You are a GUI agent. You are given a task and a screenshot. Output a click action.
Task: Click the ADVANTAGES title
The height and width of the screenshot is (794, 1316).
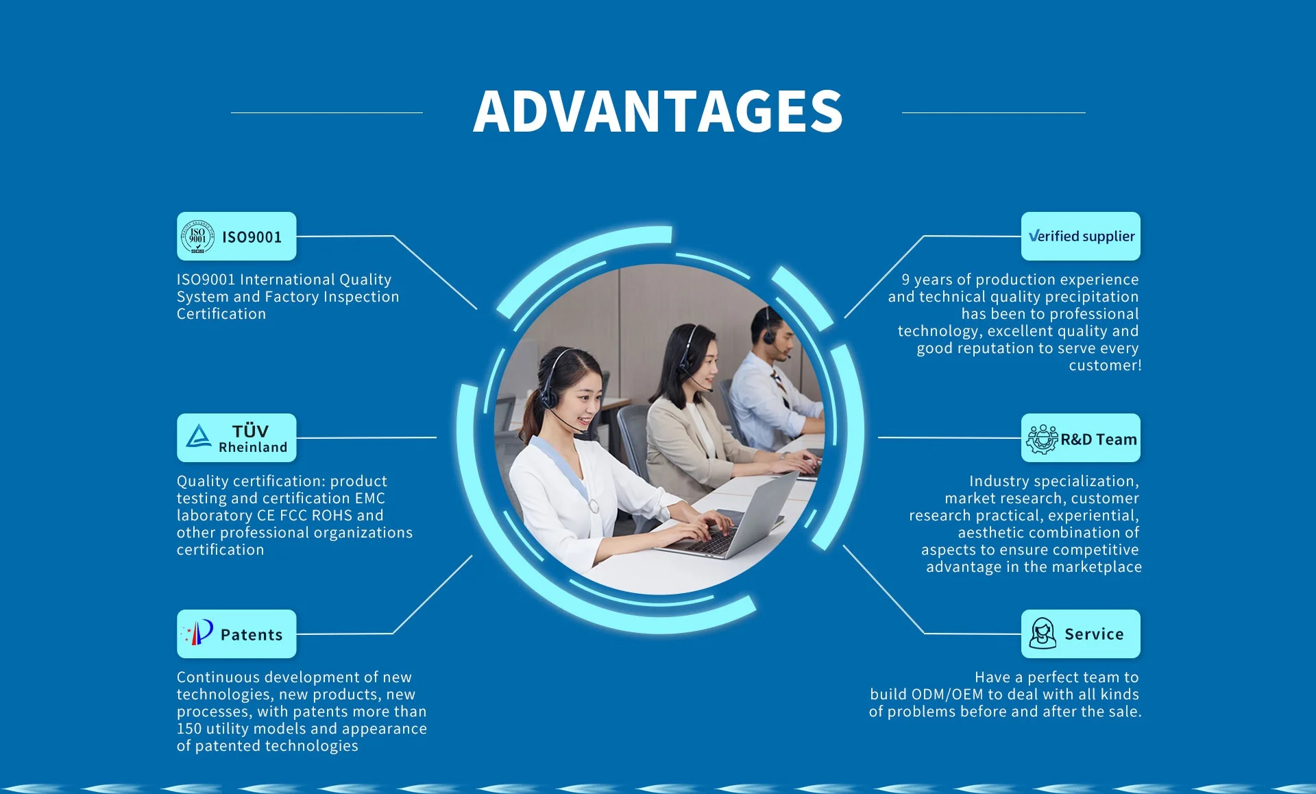pos(658,112)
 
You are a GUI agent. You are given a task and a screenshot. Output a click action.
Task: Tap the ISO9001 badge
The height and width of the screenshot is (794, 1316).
pos(236,237)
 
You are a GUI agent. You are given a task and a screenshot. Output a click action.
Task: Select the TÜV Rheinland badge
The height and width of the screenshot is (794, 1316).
pos(236,438)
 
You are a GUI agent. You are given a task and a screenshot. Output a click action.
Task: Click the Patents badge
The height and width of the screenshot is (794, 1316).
pos(236,634)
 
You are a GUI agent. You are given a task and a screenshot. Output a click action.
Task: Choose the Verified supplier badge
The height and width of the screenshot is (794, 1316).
pos(1081,237)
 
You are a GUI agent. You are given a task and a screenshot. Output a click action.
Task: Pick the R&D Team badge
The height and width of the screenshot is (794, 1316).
pos(1081,438)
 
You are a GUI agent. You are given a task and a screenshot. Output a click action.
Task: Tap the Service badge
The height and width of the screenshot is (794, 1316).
pos(1081,634)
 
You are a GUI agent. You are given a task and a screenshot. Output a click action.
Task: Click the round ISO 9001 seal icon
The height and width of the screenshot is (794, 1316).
pos(197,237)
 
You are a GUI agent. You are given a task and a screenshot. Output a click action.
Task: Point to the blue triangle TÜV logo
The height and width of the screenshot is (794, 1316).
pos(199,436)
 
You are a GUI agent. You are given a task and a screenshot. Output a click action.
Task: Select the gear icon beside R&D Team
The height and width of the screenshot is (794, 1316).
pos(1042,440)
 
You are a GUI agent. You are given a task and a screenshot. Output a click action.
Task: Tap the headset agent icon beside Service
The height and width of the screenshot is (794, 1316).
pos(1043,634)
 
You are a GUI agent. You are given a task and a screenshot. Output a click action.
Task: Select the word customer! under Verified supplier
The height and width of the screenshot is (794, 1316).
pos(1105,365)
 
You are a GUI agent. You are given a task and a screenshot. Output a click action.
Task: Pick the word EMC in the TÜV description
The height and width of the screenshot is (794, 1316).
pos(370,498)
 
